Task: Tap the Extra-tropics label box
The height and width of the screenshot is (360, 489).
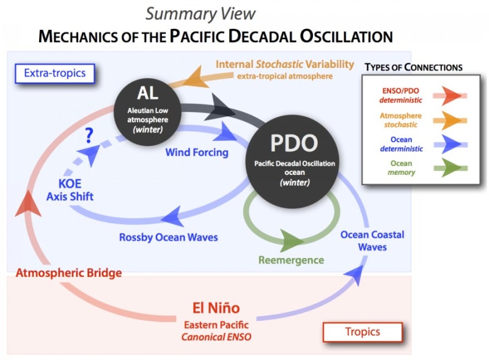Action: pos(54,74)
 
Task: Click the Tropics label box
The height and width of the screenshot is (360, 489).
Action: pos(362,332)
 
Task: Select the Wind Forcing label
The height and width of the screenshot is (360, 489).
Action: pos(197,152)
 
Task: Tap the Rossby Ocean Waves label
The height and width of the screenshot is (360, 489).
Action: pos(168,237)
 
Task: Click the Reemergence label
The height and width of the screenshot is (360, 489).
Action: pos(291,260)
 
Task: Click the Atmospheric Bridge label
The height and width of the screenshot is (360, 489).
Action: pos(68,273)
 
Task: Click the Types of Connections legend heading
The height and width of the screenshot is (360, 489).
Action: pos(413,67)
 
